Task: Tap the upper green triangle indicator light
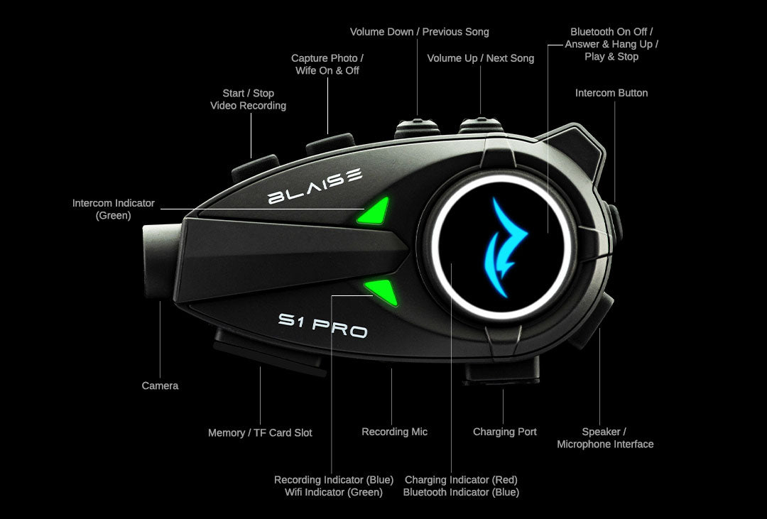pyautogui.click(x=376, y=211)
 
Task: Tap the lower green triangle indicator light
pyautogui.click(x=382, y=290)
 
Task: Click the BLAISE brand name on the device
pyautogui.click(x=315, y=186)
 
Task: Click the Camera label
pyautogui.click(x=160, y=386)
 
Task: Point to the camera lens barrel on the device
pyautogui.click(x=160, y=263)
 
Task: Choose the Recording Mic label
pyautogui.click(x=394, y=432)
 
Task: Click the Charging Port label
pyautogui.click(x=504, y=432)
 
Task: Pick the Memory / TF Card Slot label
pyautogui.click(x=260, y=432)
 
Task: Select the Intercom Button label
pyautogui.click(x=611, y=93)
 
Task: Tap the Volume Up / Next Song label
pyautogui.click(x=480, y=58)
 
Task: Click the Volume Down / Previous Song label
pyautogui.click(x=419, y=32)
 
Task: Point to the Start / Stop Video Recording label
pyautogui.click(x=248, y=99)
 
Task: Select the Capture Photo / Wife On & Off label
pyautogui.click(x=327, y=64)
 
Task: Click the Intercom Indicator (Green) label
pyautogui.click(x=113, y=209)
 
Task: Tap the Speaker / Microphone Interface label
pyautogui.click(x=605, y=438)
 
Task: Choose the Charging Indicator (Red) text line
pyautogui.click(x=461, y=480)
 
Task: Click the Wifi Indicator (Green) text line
pyautogui.click(x=333, y=492)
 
